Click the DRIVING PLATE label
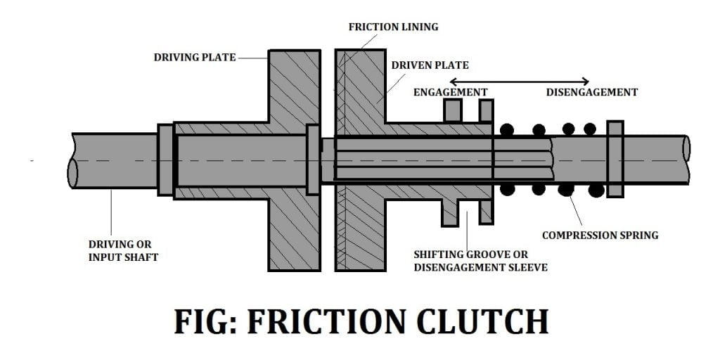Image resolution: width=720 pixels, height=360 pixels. click(x=195, y=57)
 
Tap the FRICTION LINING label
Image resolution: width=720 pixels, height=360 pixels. click(x=393, y=27)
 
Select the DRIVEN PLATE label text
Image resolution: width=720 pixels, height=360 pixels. click(x=430, y=65)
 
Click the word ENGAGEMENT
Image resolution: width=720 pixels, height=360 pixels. click(x=450, y=92)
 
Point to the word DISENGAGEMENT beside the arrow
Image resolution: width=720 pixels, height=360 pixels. click(x=592, y=92)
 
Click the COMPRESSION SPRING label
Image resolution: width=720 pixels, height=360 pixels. click(x=600, y=235)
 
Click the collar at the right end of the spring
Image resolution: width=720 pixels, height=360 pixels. click(x=615, y=159)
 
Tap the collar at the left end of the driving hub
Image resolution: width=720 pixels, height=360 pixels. click(x=165, y=160)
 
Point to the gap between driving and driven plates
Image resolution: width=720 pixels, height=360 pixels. click(x=328, y=91)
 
